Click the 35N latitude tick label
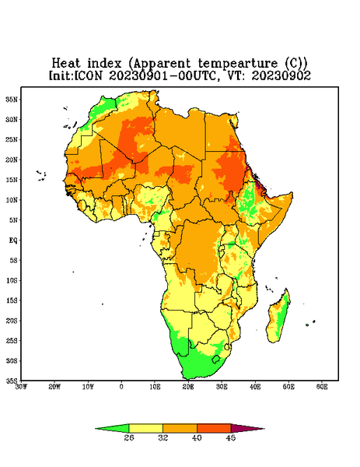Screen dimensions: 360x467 click(12, 99)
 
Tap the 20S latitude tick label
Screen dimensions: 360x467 click(12, 321)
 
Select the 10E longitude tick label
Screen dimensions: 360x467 click(155, 387)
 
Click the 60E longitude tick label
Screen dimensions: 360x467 click(322, 387)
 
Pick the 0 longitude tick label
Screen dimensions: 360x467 click(121, 387)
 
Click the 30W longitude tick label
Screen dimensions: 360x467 click(21, 387)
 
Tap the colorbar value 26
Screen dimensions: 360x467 click(129, 437)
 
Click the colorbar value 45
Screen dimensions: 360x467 click(231, 437)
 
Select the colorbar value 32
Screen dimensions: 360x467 click(163, 437)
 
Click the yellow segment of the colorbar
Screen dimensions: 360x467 click(145, 428)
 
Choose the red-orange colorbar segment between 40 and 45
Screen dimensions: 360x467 click(214, 428)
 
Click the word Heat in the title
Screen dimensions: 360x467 click(66, 64)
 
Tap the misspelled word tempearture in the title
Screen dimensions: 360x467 click(237, 64)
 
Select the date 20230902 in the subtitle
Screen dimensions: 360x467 click(281, 75)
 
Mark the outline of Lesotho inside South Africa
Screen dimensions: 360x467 click(215, 359)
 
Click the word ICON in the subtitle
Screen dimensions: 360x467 click(87, 75)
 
